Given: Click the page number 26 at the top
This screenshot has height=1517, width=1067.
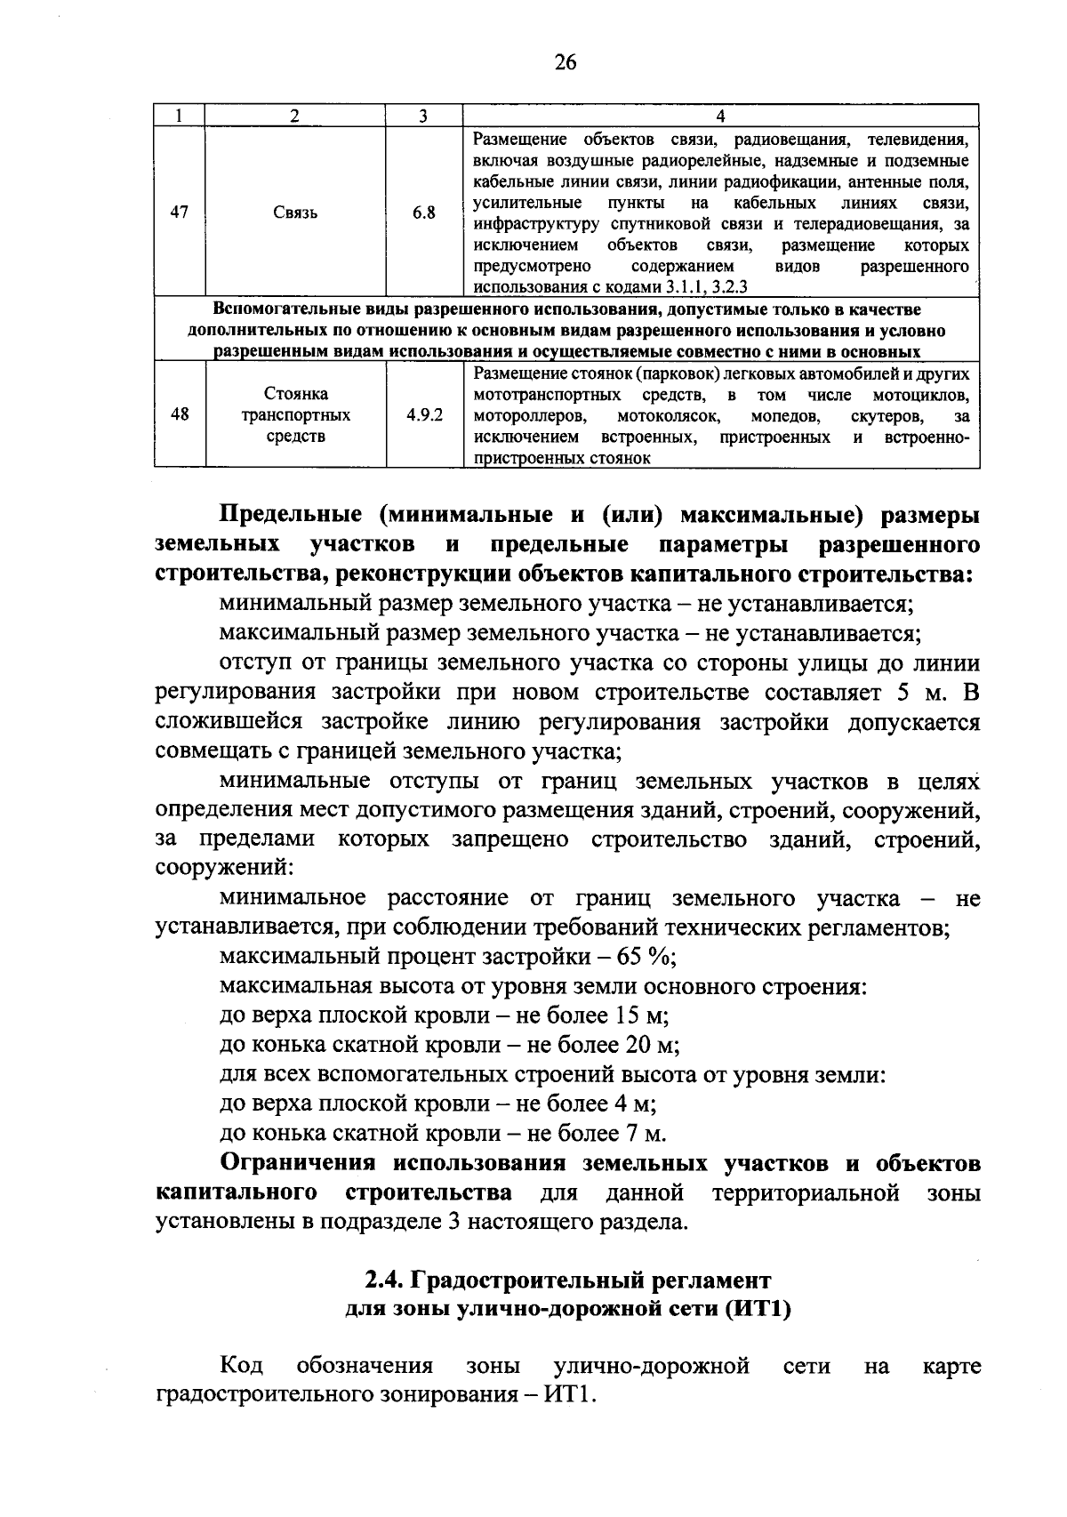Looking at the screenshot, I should (565, 61).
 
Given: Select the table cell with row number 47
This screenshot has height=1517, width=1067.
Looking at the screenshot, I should (179, 213).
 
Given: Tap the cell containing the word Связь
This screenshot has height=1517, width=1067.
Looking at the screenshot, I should (295, 213).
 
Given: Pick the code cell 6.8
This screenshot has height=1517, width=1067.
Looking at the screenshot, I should (424, 213).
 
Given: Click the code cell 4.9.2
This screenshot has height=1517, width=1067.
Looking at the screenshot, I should (424, 414).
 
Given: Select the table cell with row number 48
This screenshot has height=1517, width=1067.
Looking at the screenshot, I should (179, 414).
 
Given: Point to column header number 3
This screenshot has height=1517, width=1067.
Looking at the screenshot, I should (424, 116).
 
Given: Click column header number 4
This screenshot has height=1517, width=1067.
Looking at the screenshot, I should (720, 116).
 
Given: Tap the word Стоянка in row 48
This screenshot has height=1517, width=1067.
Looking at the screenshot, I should (295, 393).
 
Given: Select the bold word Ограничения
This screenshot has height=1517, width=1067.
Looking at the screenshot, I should (300, 1163).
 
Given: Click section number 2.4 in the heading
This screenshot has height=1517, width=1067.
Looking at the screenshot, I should (384, 1280).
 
